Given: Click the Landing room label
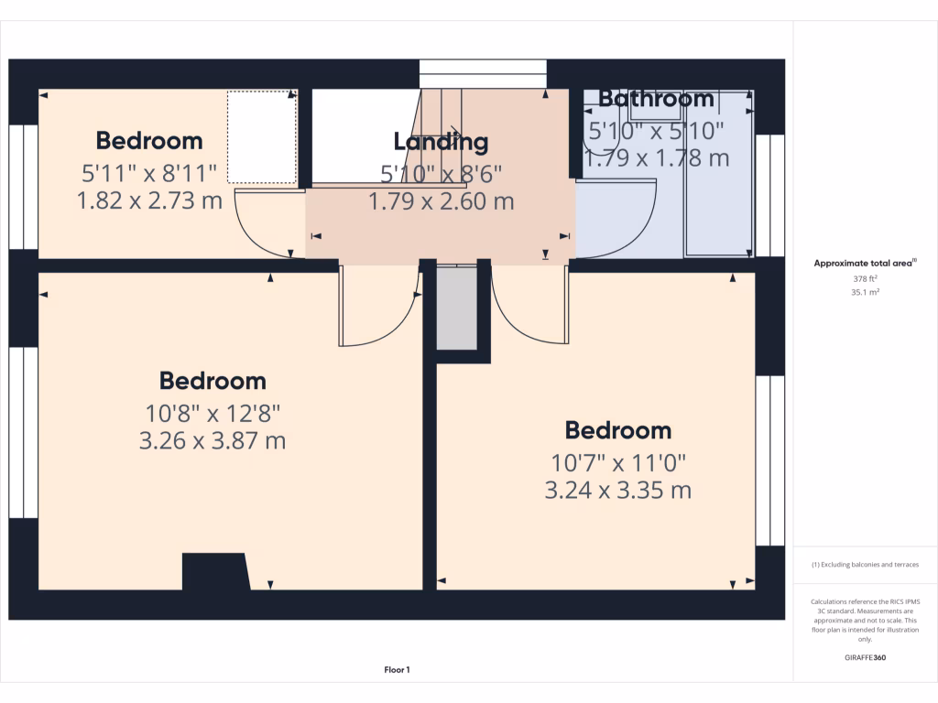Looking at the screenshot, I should tap(441, 142).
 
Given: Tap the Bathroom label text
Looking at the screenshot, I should tap(656, 99).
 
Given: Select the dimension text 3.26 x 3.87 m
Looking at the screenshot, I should tap(213, 441).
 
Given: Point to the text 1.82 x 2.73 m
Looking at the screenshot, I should tap(149, 200).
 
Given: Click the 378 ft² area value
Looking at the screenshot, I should tap(865, 280).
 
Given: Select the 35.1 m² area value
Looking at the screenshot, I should tap(865, 293).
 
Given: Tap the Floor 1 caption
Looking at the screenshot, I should tap(397, 670).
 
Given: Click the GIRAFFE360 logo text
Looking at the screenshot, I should tap(865, 657).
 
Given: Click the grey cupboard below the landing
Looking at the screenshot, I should tap(456, 308).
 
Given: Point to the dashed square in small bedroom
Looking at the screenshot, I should tap(262, 136).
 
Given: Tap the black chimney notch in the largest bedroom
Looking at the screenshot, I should tap(216, 571).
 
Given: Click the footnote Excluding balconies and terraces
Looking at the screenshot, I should tap(865, 565).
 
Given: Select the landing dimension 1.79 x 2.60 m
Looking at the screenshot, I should tap(441, 200).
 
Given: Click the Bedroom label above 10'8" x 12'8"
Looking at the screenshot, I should tap(213, 381).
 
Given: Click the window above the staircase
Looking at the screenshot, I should tap(482, 73).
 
